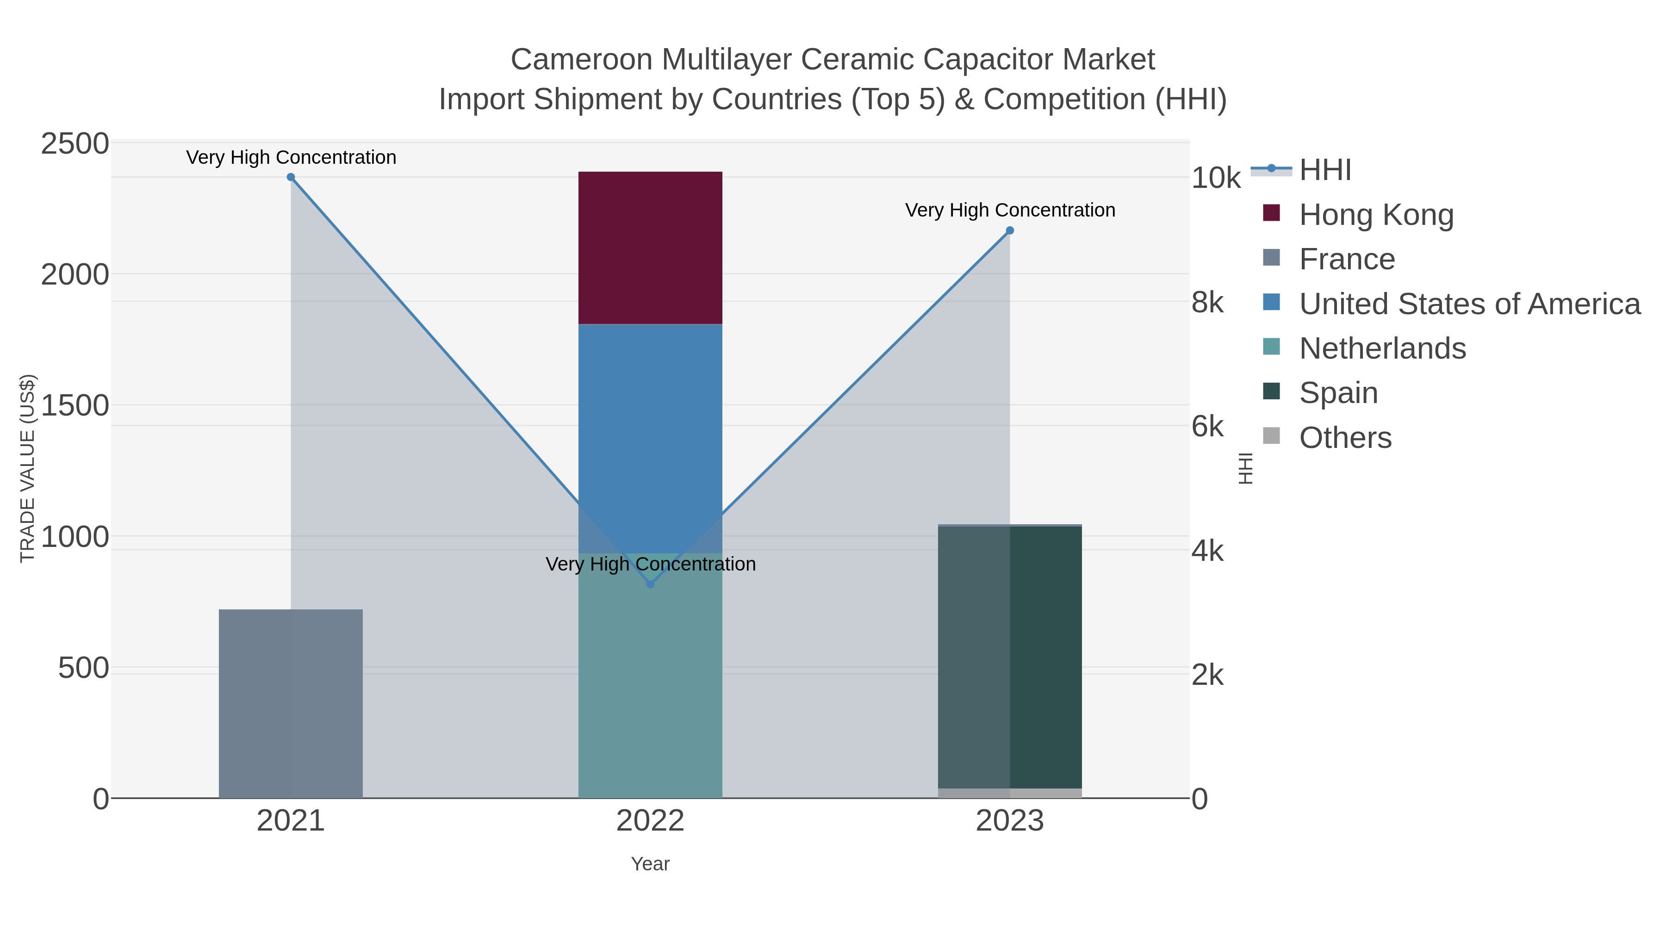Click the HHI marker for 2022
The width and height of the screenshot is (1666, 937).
point(651,584)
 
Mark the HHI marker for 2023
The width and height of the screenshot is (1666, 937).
point(1010,231)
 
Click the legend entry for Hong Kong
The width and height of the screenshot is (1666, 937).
point(1376,215)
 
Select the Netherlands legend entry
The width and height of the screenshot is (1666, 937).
point(1382,348)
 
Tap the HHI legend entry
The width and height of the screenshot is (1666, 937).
point(1324,170)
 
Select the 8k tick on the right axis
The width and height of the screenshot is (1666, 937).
point(1207,303)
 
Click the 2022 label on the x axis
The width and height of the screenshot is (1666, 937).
point(650,821)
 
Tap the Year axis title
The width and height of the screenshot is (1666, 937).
point(650,864)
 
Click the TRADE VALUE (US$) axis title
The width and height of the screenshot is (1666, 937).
point(28,468)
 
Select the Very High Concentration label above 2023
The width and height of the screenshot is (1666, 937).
point(1010,210)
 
